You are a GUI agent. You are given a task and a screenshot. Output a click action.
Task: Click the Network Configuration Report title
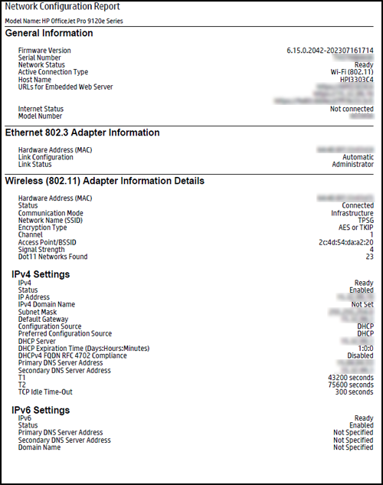57,7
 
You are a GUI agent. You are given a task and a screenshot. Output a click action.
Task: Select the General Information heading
49,33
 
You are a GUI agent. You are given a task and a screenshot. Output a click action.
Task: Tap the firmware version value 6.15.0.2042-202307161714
330,50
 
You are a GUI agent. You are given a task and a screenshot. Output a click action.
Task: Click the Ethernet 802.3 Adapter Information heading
82,133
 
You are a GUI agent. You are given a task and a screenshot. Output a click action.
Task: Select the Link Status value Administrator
352,165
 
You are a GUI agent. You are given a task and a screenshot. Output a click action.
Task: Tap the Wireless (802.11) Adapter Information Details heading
104,182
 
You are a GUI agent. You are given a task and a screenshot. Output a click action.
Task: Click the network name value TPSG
365,220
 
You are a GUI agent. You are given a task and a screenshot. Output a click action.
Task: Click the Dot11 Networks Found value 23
369,257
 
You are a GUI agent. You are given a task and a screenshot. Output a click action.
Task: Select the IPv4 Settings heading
41,274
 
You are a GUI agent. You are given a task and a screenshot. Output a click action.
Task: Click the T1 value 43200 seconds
349,378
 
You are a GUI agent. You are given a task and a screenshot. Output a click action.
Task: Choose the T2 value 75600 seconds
349,385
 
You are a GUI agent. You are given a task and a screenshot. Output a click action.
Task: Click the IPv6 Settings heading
41,410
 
